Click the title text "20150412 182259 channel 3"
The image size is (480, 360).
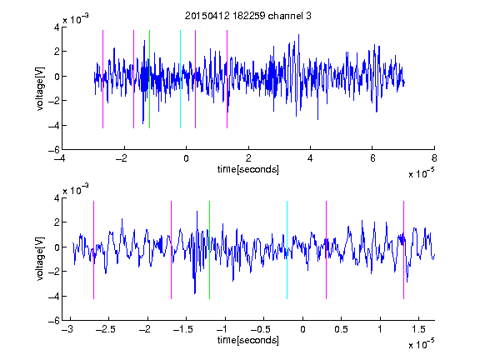tap(248, 16)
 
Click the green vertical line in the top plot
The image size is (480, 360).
tap(149, 79)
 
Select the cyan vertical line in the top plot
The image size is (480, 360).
tap(180, 79)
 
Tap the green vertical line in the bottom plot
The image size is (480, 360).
tap(209, 250)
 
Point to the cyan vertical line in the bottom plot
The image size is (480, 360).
tap(287, 250)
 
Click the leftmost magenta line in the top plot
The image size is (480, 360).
tap(102, 79)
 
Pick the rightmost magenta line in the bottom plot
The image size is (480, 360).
tap(404, 250)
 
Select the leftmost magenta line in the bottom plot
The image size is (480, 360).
tap(93, 250)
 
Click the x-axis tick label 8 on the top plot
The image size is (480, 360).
tap(434, 158)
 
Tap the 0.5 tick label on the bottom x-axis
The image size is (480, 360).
tap(342, 329)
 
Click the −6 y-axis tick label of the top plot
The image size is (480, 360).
tap(54, 150)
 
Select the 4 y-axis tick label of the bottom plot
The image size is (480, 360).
tap(57, 198)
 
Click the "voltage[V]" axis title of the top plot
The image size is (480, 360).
tap(40, 88)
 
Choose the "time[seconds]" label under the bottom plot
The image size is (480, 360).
tap(248, 340)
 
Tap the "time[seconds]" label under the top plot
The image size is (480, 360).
tap(248, 169)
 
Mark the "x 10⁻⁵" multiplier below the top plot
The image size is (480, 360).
tap(422, 173)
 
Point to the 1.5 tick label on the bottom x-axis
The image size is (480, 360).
tap(418, 329)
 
